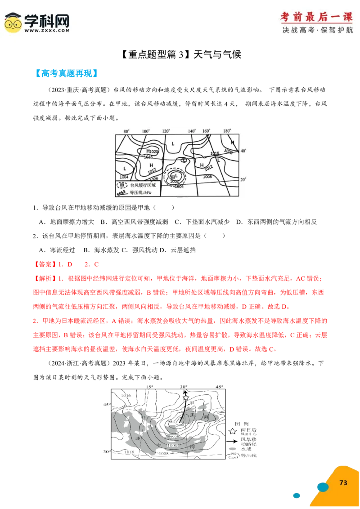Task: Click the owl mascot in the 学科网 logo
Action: click(13, 23)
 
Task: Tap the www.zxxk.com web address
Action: click(47, 31)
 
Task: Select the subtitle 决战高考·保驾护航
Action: click(317, 30)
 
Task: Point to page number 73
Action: click(343, 482)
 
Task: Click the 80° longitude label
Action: click(127, 131)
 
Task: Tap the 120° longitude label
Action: click(166, 131)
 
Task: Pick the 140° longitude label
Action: click(192, 131)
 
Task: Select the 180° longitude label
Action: click(227, 131)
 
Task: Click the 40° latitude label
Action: click(243, 151)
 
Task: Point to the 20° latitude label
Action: click(243, 179)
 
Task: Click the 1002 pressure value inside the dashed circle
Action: click(175, 181)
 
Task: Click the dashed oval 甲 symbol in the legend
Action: click(121, 185)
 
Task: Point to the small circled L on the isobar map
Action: click(184, 161)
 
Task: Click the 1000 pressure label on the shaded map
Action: click(172, 445)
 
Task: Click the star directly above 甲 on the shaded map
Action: click(186, 397)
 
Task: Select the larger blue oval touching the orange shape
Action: click(323, 487)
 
